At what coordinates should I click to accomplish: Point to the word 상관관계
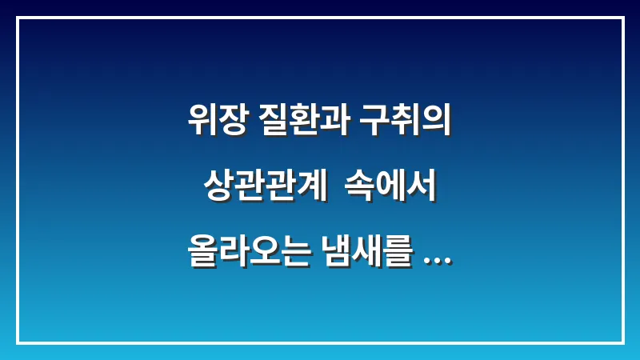click(265, 188)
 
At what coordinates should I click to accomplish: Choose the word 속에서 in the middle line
click(390, 188)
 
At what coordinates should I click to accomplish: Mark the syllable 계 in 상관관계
click(312, 188)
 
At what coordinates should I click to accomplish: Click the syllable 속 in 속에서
click(358, 188)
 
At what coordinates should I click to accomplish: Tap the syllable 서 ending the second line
click(421, 188)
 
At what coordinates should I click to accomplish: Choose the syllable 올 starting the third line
click(200, 250)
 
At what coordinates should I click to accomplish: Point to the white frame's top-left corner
click(18, 18)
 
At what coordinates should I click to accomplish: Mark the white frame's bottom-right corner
click(622, 342)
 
